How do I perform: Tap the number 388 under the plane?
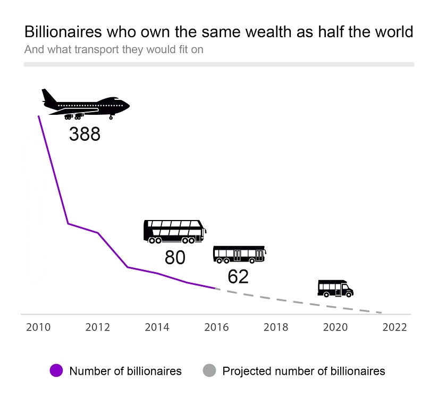point(85,134)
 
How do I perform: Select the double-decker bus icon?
point(174,232)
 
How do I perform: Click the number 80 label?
point(175,258)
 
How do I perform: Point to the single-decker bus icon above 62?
point(239,255)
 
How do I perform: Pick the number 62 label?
point(238,276)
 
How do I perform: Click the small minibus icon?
point(335,288)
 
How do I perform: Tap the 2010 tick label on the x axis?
point(38,327)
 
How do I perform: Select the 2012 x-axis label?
point(97,327)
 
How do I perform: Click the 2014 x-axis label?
point(157,327)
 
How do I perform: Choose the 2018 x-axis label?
point(275,327)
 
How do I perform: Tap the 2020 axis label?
point(335,327)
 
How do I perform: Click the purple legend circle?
point(56,370)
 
